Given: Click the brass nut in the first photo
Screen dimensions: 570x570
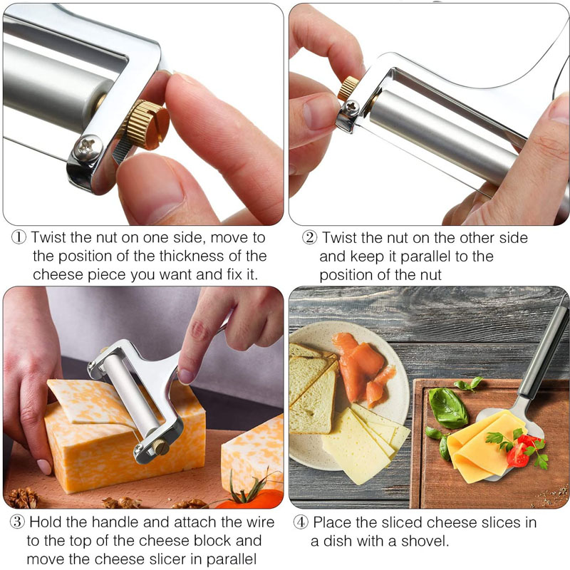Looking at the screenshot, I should point(147,125).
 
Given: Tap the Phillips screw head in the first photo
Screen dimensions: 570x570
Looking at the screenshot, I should point(88,147).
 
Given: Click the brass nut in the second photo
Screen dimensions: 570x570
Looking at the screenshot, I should point(348,88).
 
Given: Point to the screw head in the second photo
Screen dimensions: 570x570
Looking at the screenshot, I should point(351,108).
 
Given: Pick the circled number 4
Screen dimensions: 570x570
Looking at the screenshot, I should point(301,522).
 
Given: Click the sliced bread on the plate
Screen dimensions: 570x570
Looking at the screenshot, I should point(311,388).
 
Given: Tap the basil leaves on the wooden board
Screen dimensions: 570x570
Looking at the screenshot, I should point(447,407).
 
